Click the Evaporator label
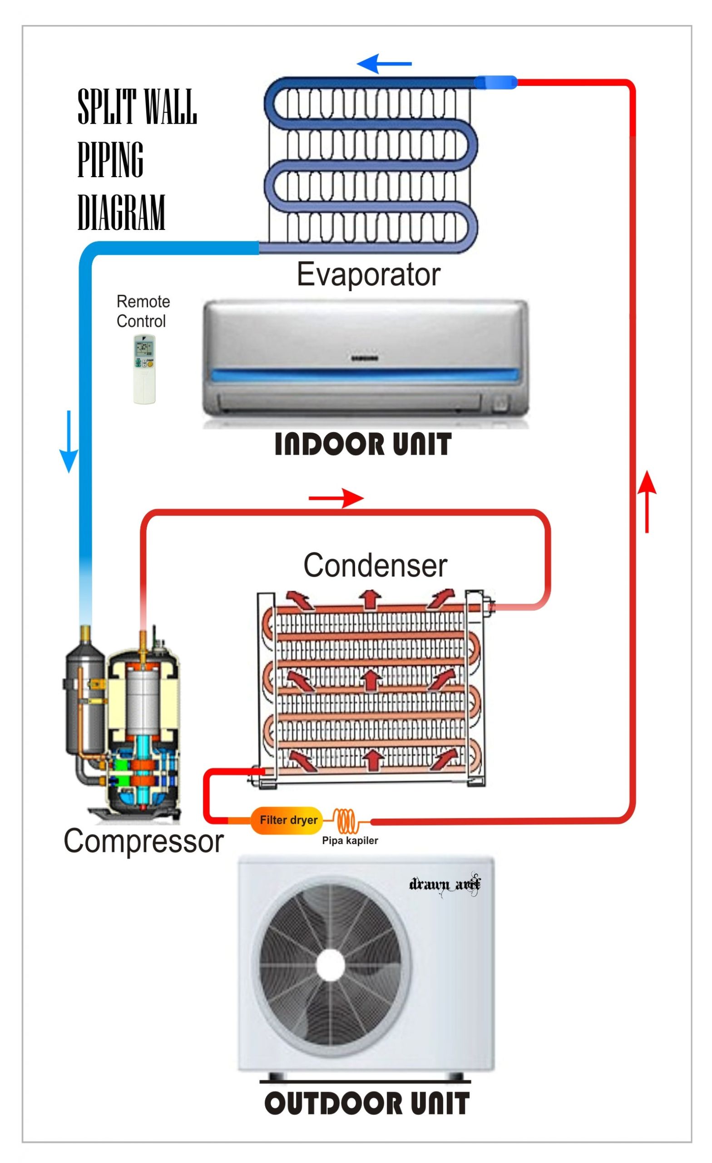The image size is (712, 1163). tap(368, 274)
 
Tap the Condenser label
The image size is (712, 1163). tap(375, 565)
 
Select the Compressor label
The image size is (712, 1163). tap(143, 840)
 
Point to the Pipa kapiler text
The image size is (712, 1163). tap(350, 840)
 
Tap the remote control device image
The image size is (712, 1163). tap(144, 369)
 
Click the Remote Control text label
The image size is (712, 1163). tap(143, 311)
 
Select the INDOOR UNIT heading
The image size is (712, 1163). tap(362, 445)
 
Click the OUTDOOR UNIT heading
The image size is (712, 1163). tap(366, 1103)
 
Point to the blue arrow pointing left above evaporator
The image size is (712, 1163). tap(383, 63)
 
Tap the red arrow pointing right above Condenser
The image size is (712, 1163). tap(336, 498)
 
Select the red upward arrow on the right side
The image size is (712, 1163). tap(647, 501)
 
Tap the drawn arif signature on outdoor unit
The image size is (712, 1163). tap(444, 883)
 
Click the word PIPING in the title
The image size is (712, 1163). tap(110, 159)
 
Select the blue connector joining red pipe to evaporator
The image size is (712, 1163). tap(494, 82)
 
